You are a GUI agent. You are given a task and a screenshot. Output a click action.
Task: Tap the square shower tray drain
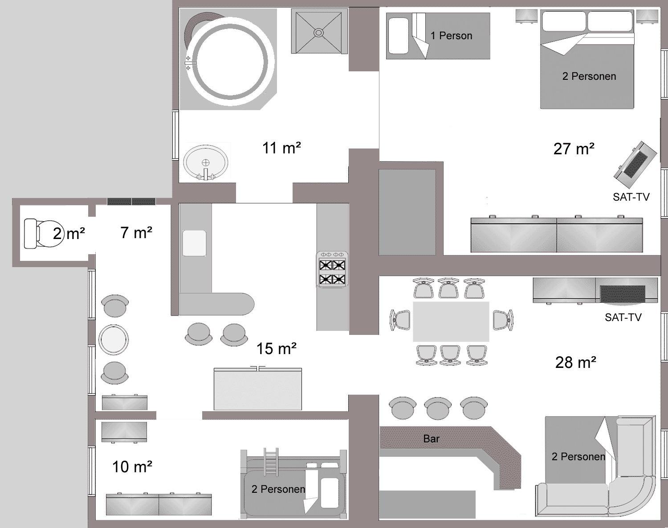pyautogui.click(x=318, y=33)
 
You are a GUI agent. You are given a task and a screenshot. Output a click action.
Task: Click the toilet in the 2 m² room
pyautogui.click(x=42, y=234)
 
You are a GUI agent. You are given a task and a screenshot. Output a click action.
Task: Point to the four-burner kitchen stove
pyautogui.click(x=332, y=269)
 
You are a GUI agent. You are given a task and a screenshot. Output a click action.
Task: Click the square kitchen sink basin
pyautogui.click(x=194, y=243)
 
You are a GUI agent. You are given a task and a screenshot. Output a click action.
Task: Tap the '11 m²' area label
pyautogui.click(x=281, y=148)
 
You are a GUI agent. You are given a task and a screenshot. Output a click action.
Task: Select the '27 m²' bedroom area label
pyautogui.click(x=574, y=149)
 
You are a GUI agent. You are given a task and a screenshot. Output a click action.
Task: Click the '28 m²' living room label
pyautogui.click(x=575, y=363)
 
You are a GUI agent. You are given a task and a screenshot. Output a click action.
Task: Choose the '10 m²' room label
pyautogui.click(x=132, y=467)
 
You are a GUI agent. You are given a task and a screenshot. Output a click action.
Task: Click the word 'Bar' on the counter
pyautogui.click(x=432, y=439)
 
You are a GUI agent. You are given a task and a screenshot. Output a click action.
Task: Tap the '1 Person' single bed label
pyautogui.click(x=451, y=36)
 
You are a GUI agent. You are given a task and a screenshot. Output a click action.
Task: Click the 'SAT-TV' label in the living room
pyautogui.click(x=623, y=317)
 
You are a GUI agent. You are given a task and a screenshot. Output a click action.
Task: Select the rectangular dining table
pyautogui.click(x=451, y=322)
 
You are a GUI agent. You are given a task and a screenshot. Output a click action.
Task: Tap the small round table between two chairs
pyautogui.click(x=114, y=340)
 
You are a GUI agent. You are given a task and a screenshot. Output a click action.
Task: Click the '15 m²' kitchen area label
pyautogui.click(x=276, y=349)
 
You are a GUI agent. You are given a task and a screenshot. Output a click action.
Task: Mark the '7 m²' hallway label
pyautogui.click(x=136, y=233)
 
